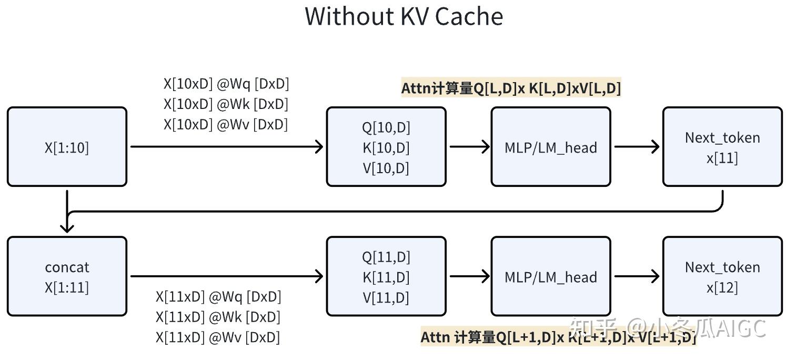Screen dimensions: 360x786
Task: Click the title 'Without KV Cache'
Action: coord(404,16)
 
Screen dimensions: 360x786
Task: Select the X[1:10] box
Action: coord(67,147)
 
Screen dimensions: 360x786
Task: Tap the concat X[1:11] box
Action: coord(67,276)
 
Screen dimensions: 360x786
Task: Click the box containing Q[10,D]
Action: coord(386,147)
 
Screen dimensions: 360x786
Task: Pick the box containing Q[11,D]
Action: coord(386,276)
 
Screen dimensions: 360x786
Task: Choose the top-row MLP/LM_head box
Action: coord(550,147)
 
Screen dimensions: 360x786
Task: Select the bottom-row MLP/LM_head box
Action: coord(550,276)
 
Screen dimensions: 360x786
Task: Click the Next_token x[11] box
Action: coord(722,147)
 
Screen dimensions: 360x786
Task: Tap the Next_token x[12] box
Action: coord(722,276)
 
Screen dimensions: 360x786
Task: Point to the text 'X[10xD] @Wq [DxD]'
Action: coord(226,84)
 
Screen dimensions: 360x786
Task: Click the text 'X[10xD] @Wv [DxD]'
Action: coord(226,124)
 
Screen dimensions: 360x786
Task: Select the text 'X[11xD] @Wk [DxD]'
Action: coord(218,317)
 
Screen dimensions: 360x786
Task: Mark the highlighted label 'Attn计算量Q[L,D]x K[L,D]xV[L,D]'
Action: coord(511,88)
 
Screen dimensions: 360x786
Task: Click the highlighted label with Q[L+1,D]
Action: coord(558,337)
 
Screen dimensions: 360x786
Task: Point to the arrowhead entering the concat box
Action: coord(67,227)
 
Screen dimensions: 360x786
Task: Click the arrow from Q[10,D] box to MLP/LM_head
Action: coord(469,147)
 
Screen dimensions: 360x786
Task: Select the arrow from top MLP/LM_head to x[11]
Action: coord(637,147)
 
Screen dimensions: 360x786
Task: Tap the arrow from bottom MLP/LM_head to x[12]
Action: coord(637,276)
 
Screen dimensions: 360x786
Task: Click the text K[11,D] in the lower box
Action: coord(386,277)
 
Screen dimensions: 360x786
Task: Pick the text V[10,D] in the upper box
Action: coord(386,168)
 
